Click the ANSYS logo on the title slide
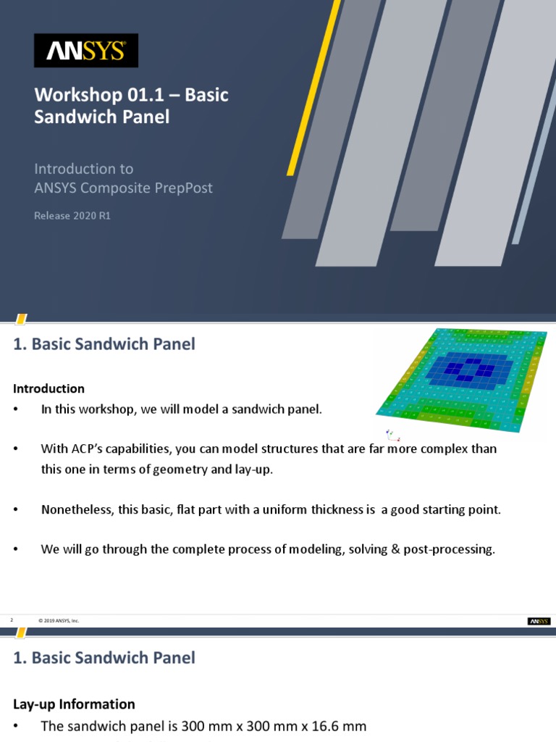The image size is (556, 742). [86, 50]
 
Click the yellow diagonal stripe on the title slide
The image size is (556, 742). [313, 87]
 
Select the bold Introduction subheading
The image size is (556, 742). [49, 389]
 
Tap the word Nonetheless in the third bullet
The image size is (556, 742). [78, 509]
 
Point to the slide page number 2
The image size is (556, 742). [12, 620]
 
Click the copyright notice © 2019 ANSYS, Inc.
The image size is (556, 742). [58, 621]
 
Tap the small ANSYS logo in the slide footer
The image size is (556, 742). [539, 621]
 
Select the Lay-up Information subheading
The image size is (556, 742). [74, 704]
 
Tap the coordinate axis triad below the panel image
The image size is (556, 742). [392, 435]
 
